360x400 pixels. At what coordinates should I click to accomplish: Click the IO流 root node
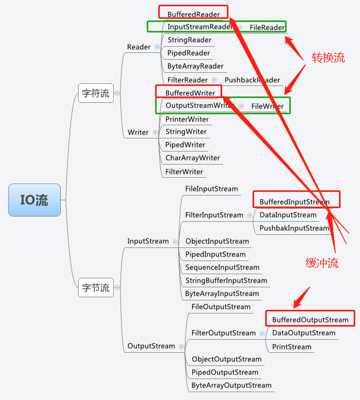coord(35,200)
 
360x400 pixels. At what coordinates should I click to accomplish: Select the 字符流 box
coord(95,93)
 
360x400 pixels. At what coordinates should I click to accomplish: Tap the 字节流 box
coord(95,287)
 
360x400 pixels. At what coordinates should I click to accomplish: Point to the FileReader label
coord(267,27)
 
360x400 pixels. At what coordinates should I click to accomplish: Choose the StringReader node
coord(189,40)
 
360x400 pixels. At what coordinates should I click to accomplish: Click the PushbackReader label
coord(252,80)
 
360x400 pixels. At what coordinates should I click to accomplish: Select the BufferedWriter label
coord(190,93)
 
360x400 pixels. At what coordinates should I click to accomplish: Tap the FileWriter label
coord(267,106)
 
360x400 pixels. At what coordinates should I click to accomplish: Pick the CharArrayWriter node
coord(192,158)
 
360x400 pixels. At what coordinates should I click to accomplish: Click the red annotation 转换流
coord(328,58)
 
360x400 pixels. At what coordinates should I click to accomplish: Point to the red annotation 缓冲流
coord(322,264)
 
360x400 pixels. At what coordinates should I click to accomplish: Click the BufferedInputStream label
coord(294,202)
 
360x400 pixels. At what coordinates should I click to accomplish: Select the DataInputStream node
coord(288,215)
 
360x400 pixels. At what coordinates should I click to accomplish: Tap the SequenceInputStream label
coord(222,267)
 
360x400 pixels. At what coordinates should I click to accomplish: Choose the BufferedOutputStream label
coord(310,320)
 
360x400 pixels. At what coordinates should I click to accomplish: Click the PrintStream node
coord(291,347)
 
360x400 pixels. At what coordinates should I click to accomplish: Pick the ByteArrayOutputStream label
coord(231,385)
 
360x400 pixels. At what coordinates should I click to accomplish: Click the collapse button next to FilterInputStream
coord(248,215)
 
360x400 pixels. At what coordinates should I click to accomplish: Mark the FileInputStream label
coord(211,189)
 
